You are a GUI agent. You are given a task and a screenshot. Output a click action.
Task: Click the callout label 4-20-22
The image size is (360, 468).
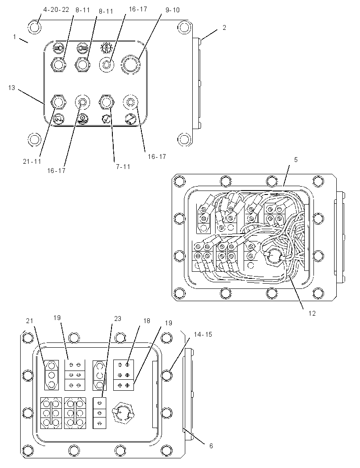pyautogui.click(x=56, y=10)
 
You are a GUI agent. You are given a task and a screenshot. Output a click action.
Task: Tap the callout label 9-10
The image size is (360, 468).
pyautogui.click(x=173, y=10)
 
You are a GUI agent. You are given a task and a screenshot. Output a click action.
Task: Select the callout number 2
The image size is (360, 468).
pyautogui.click(x=224, y=28)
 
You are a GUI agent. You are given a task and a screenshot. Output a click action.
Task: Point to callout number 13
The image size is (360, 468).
pyautogui.click(x=12, y=88)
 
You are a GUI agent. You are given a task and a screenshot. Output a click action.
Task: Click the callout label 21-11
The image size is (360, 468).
pyautogui.click(x=32, y=162)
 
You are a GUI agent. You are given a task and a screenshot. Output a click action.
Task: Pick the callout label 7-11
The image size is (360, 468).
pyautogui.click(x=123, y=166)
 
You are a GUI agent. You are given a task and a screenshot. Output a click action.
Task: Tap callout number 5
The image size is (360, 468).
pyautogui.click(x=296, y=160)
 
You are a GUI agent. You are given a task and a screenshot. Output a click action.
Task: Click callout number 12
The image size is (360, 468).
pyautogui.click(x=312, y=313)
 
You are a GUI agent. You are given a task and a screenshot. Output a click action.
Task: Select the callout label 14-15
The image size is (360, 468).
pyautogui.click(x=203, y=335)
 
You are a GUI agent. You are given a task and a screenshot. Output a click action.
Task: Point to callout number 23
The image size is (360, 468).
pyautogui.click(x=118, y=319)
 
